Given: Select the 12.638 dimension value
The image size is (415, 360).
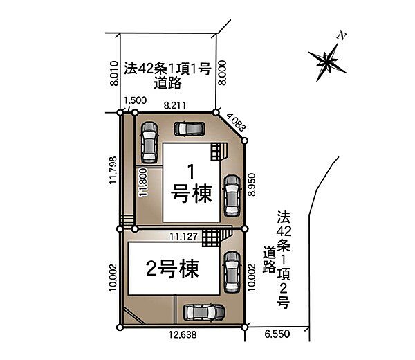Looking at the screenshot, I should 183,338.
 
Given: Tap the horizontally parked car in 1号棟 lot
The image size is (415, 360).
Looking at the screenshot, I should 189,128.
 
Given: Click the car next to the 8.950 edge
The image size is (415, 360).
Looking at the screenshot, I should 231,189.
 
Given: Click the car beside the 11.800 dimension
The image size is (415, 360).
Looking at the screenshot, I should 149,141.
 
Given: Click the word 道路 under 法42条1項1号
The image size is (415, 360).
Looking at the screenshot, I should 168,82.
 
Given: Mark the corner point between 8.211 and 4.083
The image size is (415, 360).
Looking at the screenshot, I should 216,112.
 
